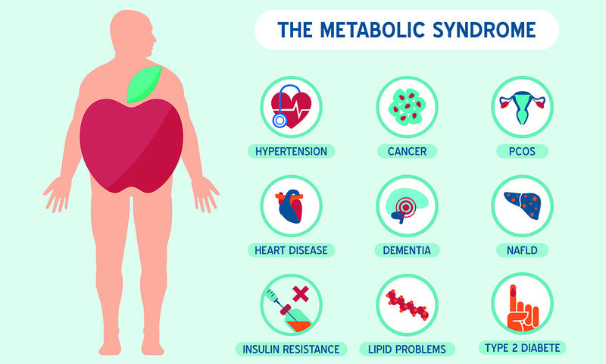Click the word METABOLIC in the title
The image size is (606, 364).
pos(373,30)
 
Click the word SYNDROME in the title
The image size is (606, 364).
pos(484,30)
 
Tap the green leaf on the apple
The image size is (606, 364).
pos(144,84)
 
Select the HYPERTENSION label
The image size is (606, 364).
pos(291,151)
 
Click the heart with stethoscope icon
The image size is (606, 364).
pos(291,106)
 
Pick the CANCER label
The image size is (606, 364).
pos(407,151)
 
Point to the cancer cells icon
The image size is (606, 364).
pos(407,106)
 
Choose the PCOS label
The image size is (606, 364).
pos(522,151)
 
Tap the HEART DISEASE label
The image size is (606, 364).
pos(291,250)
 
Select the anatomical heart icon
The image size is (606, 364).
pos(290,206)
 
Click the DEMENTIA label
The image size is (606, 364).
pos(407,250)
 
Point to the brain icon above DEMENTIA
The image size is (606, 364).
pos(407,206)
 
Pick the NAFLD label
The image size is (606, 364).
pos(522,250)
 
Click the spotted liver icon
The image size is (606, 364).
pos(522,206)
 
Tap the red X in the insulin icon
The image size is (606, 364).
pos(301,294)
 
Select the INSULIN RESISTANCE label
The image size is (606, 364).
pos(291,350)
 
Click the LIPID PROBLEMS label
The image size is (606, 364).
pos(407,350)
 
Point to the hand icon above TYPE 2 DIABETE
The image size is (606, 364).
pos(522,308)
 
